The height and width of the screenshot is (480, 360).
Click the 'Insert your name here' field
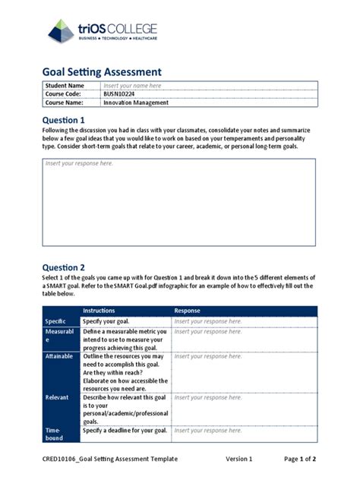(132, 86)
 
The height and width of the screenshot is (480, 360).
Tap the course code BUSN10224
(122, 94)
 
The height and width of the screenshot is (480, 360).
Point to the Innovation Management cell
(136, 103)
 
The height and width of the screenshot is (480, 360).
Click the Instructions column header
(99, 311)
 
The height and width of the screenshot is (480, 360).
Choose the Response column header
(188, 311)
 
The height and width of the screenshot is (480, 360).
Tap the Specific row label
(55, 322)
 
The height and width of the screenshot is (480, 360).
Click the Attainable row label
(59, 356)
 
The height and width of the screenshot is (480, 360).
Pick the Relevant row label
(56, 397)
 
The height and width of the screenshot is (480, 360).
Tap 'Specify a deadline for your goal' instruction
(125, 431)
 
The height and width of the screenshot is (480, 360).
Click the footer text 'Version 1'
(238, 459)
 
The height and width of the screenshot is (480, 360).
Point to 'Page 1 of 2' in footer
(300, 459)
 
